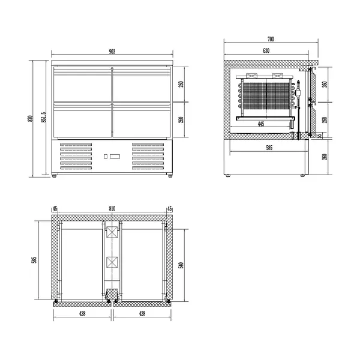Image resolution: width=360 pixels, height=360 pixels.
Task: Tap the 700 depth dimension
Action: (271, 39)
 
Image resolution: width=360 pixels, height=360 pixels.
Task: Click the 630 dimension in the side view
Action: (265, 51)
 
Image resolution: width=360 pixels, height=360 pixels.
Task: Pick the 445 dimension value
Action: (261, 124)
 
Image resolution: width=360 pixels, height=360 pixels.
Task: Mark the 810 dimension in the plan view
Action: (112, 209)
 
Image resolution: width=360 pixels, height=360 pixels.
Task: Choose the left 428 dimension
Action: (83, 313)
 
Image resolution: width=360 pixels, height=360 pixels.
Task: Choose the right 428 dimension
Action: (142, 313)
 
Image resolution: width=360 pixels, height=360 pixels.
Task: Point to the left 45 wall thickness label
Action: (55, 209)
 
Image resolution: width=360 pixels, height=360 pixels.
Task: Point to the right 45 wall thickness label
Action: (170, 209)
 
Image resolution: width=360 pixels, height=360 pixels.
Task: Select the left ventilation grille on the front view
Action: (77, 157)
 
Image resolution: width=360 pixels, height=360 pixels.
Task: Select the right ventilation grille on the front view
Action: (148, 157)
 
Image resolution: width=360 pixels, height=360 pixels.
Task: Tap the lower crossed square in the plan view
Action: (112, 262)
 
